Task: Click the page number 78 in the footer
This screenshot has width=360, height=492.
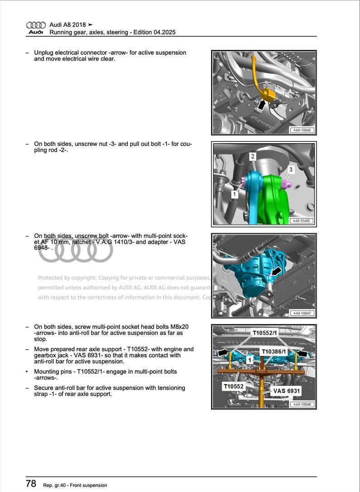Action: (x=31, y=484)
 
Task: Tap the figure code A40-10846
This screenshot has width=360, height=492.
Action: (x=302, y=130)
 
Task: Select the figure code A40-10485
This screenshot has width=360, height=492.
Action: (x=302, y=221)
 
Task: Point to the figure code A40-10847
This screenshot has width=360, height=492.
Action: (x=302, y=313)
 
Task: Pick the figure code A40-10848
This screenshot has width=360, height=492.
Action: (x=302, y=405)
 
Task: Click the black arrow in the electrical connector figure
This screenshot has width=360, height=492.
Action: (x=261, y=105)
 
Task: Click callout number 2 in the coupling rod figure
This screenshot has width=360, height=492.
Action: (x=253, y=157)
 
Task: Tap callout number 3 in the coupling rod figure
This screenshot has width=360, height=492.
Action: (x=291, y=169)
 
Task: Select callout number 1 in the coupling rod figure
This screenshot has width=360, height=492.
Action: (x=234, y=194)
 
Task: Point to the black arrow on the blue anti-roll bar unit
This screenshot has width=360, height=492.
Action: (x=275, y=271)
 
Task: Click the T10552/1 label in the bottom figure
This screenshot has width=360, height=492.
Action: (x=264, y=333)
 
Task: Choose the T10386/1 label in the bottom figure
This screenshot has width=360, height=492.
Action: (x=274, y=352)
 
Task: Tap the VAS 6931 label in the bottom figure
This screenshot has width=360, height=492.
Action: (x=286, y=391)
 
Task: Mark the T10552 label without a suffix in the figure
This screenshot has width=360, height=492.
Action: (x=234, y=387)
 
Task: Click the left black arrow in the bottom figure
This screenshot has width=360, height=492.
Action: (x=224, y=352)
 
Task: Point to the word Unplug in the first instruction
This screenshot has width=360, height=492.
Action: (x=44, y=53)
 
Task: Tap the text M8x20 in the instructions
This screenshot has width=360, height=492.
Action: (x=179, y=326)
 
